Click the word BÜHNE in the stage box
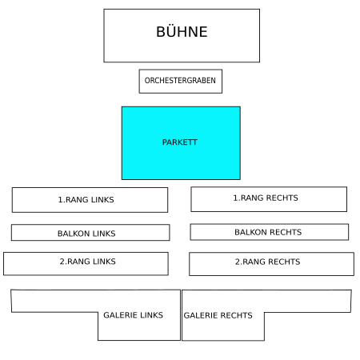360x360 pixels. pyautogui.click(x=182, y=32)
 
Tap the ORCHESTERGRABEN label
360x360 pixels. pyautogui.click(x=180, y=81)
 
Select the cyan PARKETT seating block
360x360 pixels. pyautogui.click(x=181, y=143)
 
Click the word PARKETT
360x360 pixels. pyautogui.click(x=180, y=142)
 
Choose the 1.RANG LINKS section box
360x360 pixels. pyautogui.click(x=90, y=200)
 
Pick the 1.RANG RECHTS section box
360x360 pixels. pyautogui.click(x=269, y=199)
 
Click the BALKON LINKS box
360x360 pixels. pyautogui.click(x=90, y=233)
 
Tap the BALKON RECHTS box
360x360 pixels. pyautogui.click(x=270, y=232)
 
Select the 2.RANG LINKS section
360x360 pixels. pyautogui.click(x=86, y=264)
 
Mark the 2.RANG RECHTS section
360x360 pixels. pyautogui.click(x=271, y=264)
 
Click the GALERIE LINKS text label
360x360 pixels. pyautogui.click(x=133, y=315)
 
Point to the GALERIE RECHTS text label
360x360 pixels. pyautogui.click(x=218, y=315)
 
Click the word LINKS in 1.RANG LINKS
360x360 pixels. pyautogui.click(x=102, y=200)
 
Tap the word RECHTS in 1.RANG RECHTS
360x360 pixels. pyautogui.click(x=282, y=198)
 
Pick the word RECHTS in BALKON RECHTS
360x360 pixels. pyautogui.click(x=286, y=232)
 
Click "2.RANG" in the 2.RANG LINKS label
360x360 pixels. pyautogui.click(x=74, y=262)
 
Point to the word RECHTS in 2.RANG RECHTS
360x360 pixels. pyautogui.click(x=284, y=262)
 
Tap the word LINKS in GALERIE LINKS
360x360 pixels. pyautogui.click(x=151, y=315)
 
